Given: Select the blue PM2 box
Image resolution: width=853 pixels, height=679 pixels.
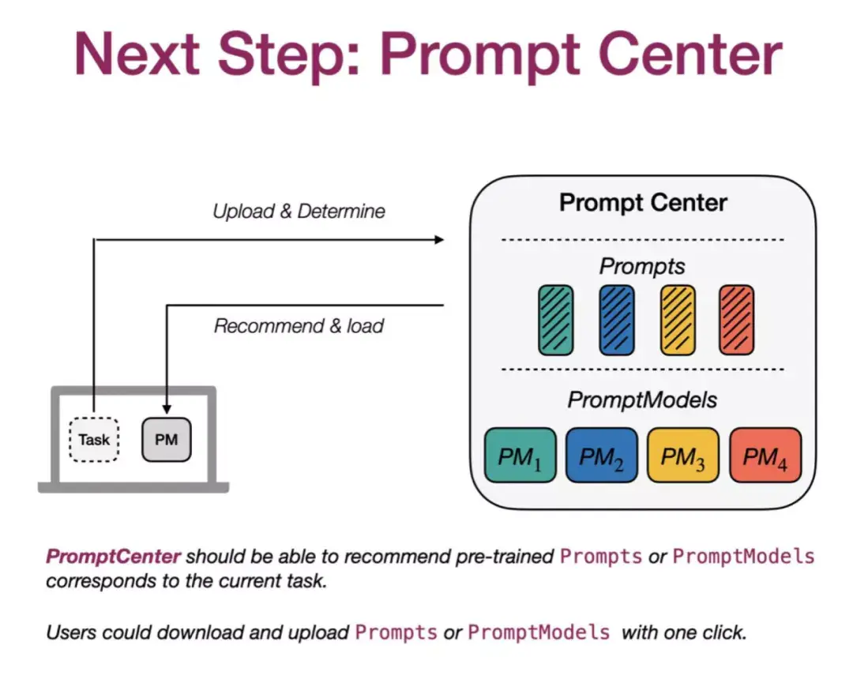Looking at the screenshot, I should click(601, 456).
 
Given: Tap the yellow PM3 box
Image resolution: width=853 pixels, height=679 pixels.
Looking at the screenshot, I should click(683, 456).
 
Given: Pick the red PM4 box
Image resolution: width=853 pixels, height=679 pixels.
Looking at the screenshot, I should click(765, 456).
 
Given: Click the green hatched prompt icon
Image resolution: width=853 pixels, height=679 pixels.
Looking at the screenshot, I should click(556, 320).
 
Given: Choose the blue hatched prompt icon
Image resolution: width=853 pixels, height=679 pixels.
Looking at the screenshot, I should click(617, 320).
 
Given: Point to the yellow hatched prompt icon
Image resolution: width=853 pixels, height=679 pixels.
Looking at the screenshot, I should click(678, 320).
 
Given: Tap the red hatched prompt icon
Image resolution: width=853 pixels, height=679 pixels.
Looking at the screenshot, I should click(737, 320).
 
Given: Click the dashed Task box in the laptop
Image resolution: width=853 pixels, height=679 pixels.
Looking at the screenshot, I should click(94, 440).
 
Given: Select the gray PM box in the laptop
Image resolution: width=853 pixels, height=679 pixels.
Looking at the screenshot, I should click(166, 440).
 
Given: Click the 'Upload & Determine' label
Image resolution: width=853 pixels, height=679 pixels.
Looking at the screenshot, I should click(299, 212).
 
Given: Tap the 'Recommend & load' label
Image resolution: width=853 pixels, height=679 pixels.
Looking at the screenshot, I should click(299, 326).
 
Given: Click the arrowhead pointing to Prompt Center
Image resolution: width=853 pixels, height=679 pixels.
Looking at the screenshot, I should click(440, 239).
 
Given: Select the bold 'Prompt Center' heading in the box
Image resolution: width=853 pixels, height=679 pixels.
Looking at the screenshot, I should click(643, 202).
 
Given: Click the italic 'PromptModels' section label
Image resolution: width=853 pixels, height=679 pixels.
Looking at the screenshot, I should click(642, 400).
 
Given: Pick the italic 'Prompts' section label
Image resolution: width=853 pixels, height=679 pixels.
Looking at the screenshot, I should click(642, 266).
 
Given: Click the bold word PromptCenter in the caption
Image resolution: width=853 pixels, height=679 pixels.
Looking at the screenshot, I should click(114, 557).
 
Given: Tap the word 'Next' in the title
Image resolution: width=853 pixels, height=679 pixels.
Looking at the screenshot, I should click(137, 54).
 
